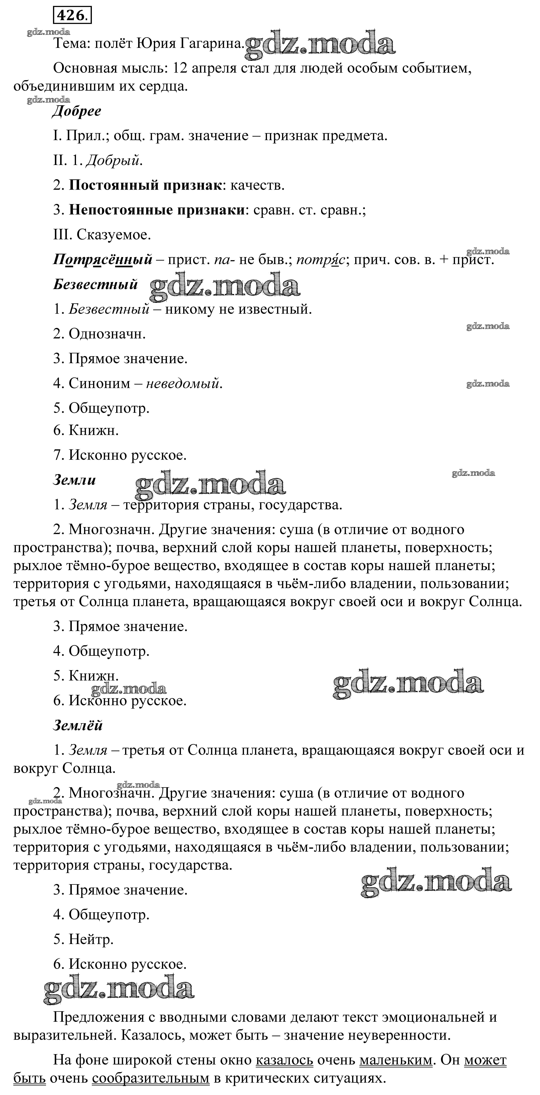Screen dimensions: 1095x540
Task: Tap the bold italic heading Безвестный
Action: pyautogui.click(x=95, y=284)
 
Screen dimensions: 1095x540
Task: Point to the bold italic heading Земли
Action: pyautogui.click(x=74, y=480)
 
